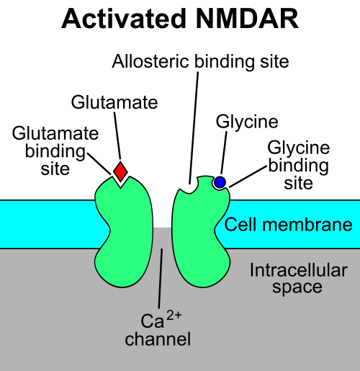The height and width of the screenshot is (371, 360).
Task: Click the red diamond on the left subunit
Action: point(120,172)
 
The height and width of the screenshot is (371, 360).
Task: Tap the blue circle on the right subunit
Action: point(220,182)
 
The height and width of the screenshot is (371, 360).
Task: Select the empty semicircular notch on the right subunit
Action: point(189,186)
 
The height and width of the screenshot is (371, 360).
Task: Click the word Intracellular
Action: point(298,271)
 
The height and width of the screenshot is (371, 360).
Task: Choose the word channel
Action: point(158,338)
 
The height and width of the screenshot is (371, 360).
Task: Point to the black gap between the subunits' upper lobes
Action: point(163,205)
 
